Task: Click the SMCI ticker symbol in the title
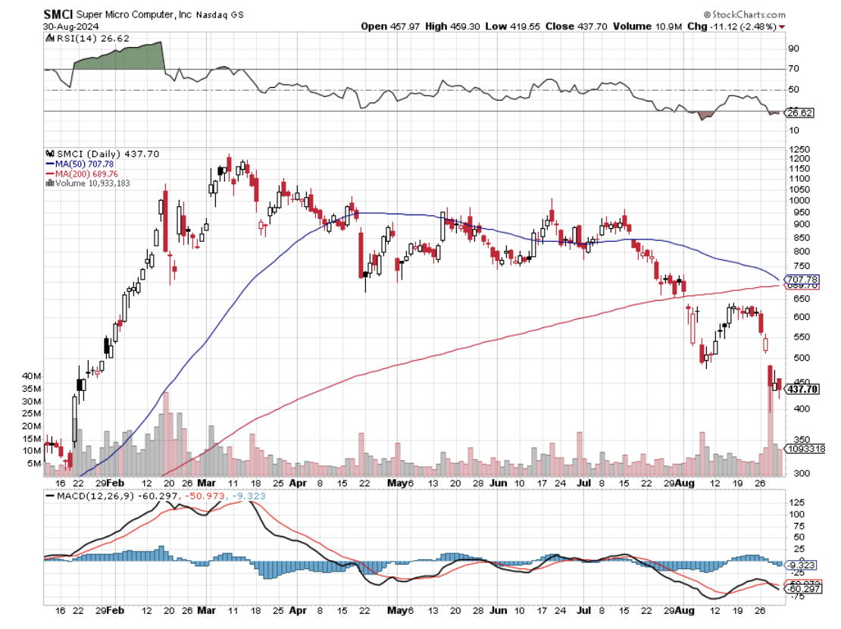59,14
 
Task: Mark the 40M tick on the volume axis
31,376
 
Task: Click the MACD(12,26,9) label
88,496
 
